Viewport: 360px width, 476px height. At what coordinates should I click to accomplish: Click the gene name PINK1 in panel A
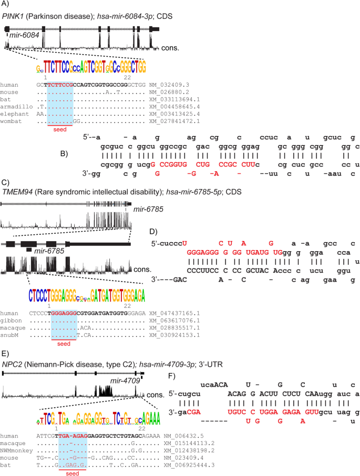pos(12,16)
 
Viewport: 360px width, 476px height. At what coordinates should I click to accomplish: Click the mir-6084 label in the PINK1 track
pos(22,35)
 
